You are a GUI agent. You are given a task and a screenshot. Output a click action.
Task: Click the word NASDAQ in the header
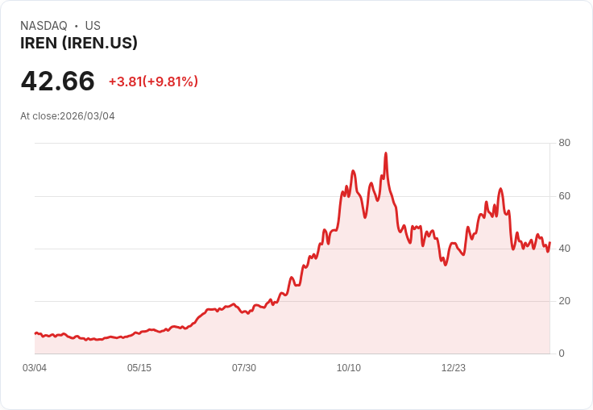[44, 26]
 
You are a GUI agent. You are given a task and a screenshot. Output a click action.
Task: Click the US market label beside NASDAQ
[93, 26]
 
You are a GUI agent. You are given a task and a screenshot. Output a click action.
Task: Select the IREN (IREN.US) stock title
[79, 44]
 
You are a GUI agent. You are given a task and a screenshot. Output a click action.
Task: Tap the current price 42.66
[57, 82]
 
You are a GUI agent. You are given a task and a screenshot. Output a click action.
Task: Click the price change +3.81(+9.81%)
[153, 82]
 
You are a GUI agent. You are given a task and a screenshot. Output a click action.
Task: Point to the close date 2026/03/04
[87, 116]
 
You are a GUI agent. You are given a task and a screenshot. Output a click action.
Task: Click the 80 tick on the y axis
[565, 143]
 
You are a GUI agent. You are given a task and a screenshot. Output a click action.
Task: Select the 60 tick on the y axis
[565, 196]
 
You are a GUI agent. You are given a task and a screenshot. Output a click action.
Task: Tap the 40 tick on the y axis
[565, 249]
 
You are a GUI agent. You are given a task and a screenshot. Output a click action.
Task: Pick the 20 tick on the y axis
[565, 301]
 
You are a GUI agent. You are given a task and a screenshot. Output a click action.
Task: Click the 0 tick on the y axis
[562, 354]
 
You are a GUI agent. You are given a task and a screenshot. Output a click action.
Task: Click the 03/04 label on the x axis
[35, 368]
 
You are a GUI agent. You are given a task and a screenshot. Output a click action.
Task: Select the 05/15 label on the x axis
[139, 368]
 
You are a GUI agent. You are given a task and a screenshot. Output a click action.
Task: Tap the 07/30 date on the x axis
[244, 368]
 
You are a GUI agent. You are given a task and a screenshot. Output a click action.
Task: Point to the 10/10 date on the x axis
[349, 368]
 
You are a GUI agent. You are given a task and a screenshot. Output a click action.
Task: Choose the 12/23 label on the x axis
[454, 368]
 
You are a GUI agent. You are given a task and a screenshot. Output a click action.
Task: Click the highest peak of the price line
[386, 153]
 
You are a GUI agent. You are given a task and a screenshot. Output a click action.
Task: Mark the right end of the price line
[549, 244]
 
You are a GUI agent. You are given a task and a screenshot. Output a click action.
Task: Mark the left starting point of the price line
[35, 333]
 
